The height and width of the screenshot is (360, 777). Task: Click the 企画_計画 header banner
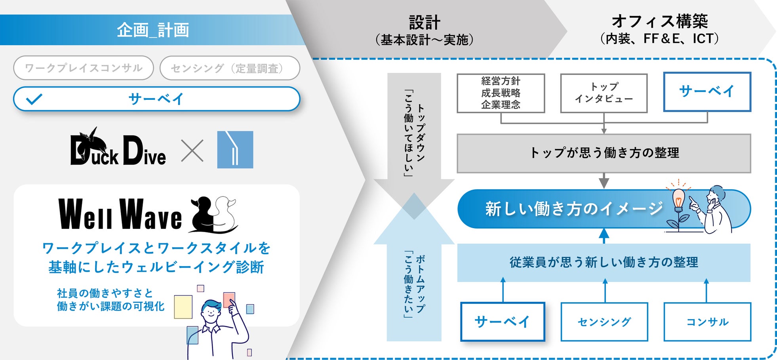point(152,30)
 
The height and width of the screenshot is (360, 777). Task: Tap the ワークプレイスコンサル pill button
point(84,68)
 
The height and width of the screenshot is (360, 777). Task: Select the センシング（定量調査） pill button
point(230,68)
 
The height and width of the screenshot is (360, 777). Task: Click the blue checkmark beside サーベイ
point(34,99)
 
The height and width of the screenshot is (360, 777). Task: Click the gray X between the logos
point(192,150)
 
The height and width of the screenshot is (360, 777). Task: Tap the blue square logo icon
point(235,150)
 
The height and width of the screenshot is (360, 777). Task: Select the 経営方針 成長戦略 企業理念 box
point(501,93)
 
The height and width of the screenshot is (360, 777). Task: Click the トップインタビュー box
point(604,93)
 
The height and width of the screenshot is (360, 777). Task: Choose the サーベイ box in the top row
point(707,91)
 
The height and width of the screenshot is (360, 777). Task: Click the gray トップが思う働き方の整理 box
point(604,153)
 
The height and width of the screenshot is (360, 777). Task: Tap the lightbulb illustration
point(678,198)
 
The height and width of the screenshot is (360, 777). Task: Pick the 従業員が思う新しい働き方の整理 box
point(604,262)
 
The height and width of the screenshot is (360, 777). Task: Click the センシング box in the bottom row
point(604,322)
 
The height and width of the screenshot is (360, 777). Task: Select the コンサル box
point(707,322)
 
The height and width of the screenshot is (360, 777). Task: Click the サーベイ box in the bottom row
point(503,322)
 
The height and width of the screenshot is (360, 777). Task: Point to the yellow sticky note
point(183,307)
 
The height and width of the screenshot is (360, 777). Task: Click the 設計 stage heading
point(424,23)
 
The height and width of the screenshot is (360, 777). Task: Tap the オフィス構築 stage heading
point(659,21)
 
